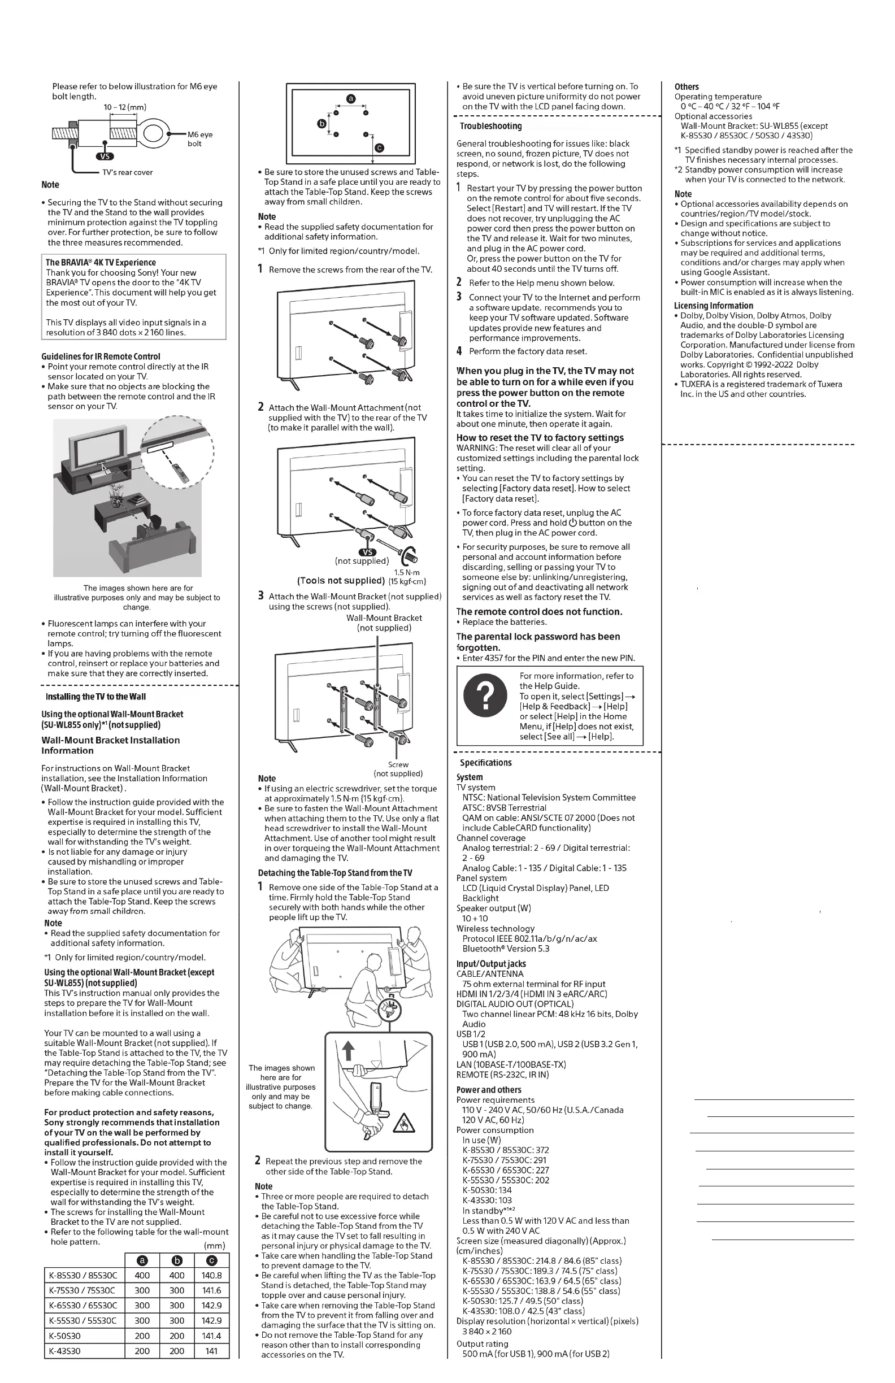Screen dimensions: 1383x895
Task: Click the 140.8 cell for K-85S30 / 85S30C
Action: [211, 1276]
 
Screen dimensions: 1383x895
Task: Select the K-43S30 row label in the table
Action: [64, 1351]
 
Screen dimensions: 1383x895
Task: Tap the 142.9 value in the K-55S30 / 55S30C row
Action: [211, 1321]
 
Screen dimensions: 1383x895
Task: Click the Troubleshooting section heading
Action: [490, 126]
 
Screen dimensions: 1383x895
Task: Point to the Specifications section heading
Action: [485, 763]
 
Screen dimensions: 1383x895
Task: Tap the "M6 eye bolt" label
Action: [200, 139]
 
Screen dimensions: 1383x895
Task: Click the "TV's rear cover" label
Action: [127, 172]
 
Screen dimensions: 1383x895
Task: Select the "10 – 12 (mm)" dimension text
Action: [125, 107]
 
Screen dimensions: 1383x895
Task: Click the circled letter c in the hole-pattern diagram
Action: [380, 147]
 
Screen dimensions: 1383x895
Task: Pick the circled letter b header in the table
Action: [177, 1260]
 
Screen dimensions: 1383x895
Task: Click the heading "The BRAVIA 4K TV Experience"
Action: [101, 263]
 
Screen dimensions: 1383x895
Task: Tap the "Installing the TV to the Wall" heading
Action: [95, 697]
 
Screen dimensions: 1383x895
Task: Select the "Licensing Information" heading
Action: [713, 306]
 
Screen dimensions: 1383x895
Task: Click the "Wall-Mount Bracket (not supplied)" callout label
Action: [384, 623]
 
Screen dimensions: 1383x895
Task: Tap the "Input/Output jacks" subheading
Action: [490, 964]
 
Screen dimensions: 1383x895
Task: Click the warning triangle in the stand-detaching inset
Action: [403, 1125]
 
